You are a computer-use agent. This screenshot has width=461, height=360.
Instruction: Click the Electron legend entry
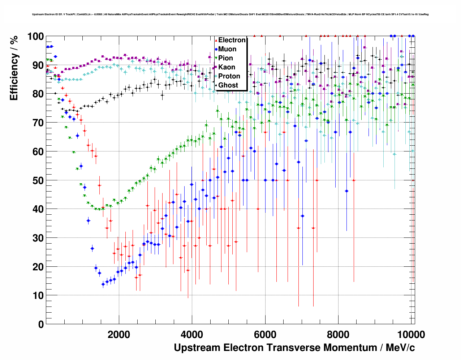232,40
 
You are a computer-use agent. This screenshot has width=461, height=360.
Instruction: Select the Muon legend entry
227,49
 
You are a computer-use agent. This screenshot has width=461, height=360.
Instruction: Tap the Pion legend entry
225,58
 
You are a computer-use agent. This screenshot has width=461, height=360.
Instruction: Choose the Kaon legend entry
227,67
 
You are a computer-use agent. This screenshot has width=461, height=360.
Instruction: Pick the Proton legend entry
229,76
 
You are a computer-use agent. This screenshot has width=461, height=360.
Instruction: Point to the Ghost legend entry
228,85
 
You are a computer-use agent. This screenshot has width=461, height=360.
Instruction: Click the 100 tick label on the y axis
36,37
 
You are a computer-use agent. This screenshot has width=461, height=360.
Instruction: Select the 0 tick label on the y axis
41,324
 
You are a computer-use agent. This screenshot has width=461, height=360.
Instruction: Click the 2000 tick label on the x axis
119,334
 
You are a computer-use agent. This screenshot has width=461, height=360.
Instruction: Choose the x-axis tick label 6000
265,334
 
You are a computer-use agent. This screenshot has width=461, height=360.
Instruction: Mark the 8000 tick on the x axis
338,334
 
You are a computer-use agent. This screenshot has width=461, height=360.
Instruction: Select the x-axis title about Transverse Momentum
294,348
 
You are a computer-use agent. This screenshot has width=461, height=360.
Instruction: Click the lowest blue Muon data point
103,284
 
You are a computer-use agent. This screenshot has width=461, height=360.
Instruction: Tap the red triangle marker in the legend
216,40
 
